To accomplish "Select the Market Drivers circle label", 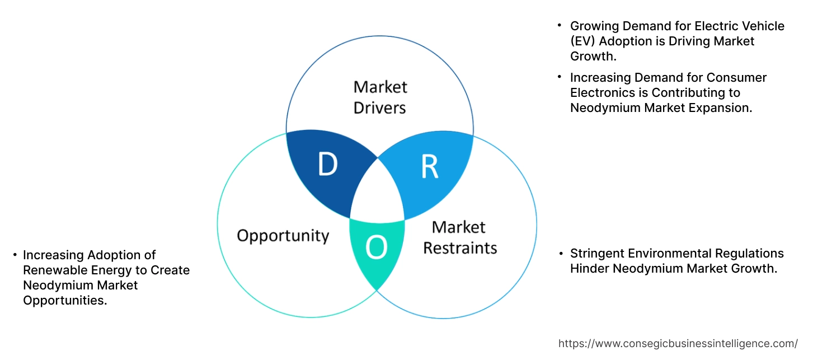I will pos(380,97).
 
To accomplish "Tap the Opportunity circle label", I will pos(283,235).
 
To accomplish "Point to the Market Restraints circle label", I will pos(459,237).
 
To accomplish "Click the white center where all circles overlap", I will pos(378,196).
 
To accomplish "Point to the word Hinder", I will pos(590,269).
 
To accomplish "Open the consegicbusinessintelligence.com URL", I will pos(678,343).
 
